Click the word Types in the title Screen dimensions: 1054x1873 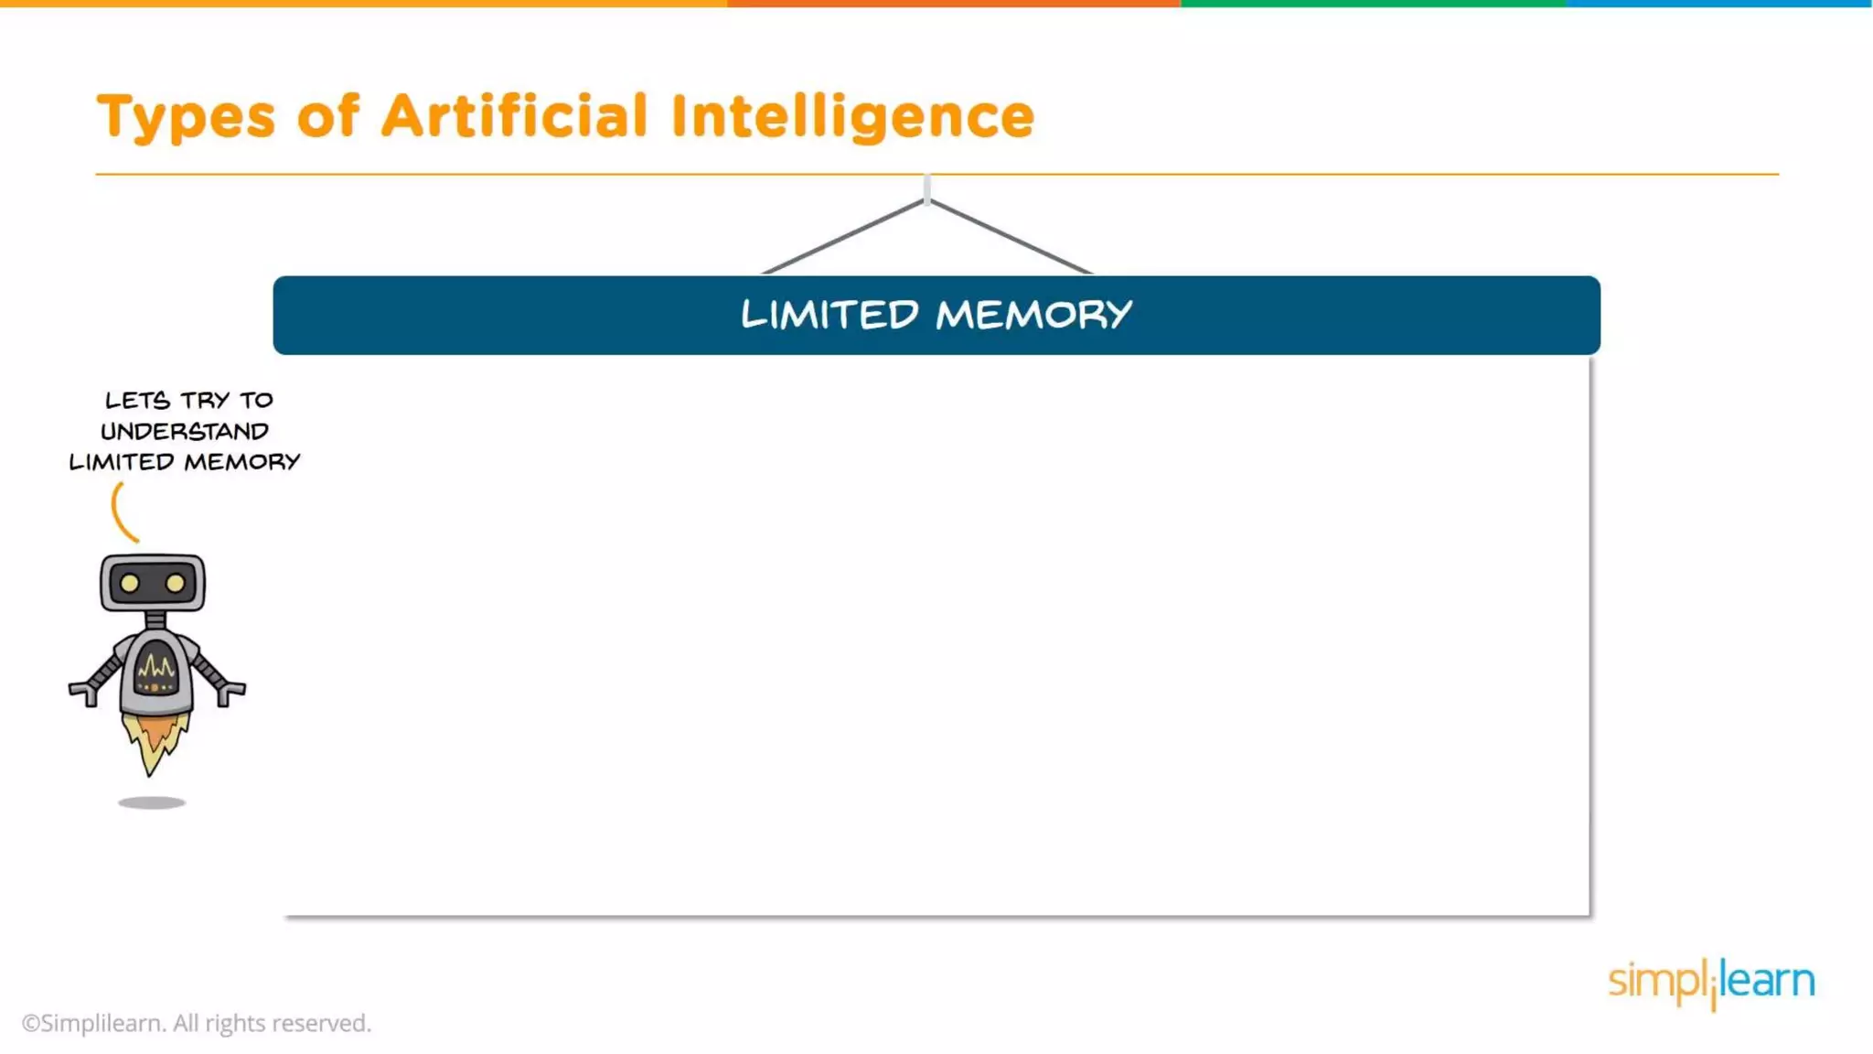tap(186, 117)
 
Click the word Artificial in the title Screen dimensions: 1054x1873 tap(514, 116)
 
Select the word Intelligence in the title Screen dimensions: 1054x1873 tap(852, 117)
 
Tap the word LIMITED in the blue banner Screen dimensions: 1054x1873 tap(829, 315)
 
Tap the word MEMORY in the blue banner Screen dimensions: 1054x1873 tap(1033, 315)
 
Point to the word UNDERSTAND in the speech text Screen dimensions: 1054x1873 tap(184, 431)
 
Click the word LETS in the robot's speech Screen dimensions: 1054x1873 tap(137, 400)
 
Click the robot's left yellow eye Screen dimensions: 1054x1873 tap(130, 583)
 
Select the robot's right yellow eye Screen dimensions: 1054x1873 tap(176, 583)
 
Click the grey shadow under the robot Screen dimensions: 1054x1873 tap(152, 802)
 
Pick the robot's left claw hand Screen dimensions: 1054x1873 tap(84, 693)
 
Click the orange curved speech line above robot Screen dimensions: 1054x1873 tap(120, 513)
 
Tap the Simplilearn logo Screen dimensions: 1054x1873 tap(1711, 982)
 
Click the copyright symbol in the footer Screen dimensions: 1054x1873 tap(31, 1023)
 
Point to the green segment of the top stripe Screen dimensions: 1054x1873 tap(1372, 4)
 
